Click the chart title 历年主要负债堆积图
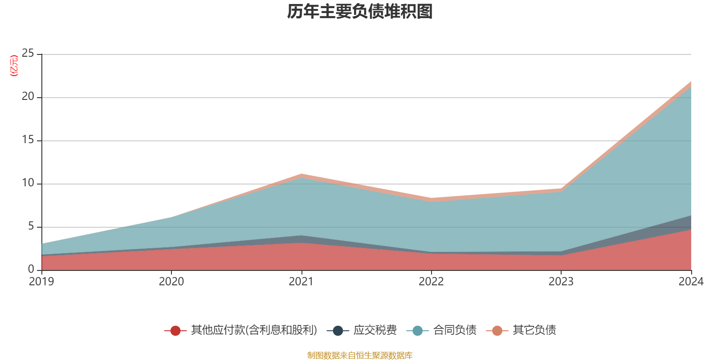[360, 12]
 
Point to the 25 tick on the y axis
[28, 54]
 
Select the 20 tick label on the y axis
[28, 97]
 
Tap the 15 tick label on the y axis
[28, 140]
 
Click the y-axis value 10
[28, 183]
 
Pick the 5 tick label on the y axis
[31, 226]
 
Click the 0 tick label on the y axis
[31, 269]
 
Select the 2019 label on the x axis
[41, 282]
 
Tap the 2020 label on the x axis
[171, 282]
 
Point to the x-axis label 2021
[301, 282]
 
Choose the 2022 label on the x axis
[431, 282]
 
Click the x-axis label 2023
[561, 282]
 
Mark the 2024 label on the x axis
[691, 282]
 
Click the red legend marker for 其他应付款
[175, 331]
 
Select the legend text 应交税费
[375, 330]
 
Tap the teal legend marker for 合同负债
[418, 331]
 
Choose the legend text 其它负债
[534, 330]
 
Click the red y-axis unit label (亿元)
[14, 66]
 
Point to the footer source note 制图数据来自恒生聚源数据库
[360, 355]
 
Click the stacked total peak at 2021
[301, 174]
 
